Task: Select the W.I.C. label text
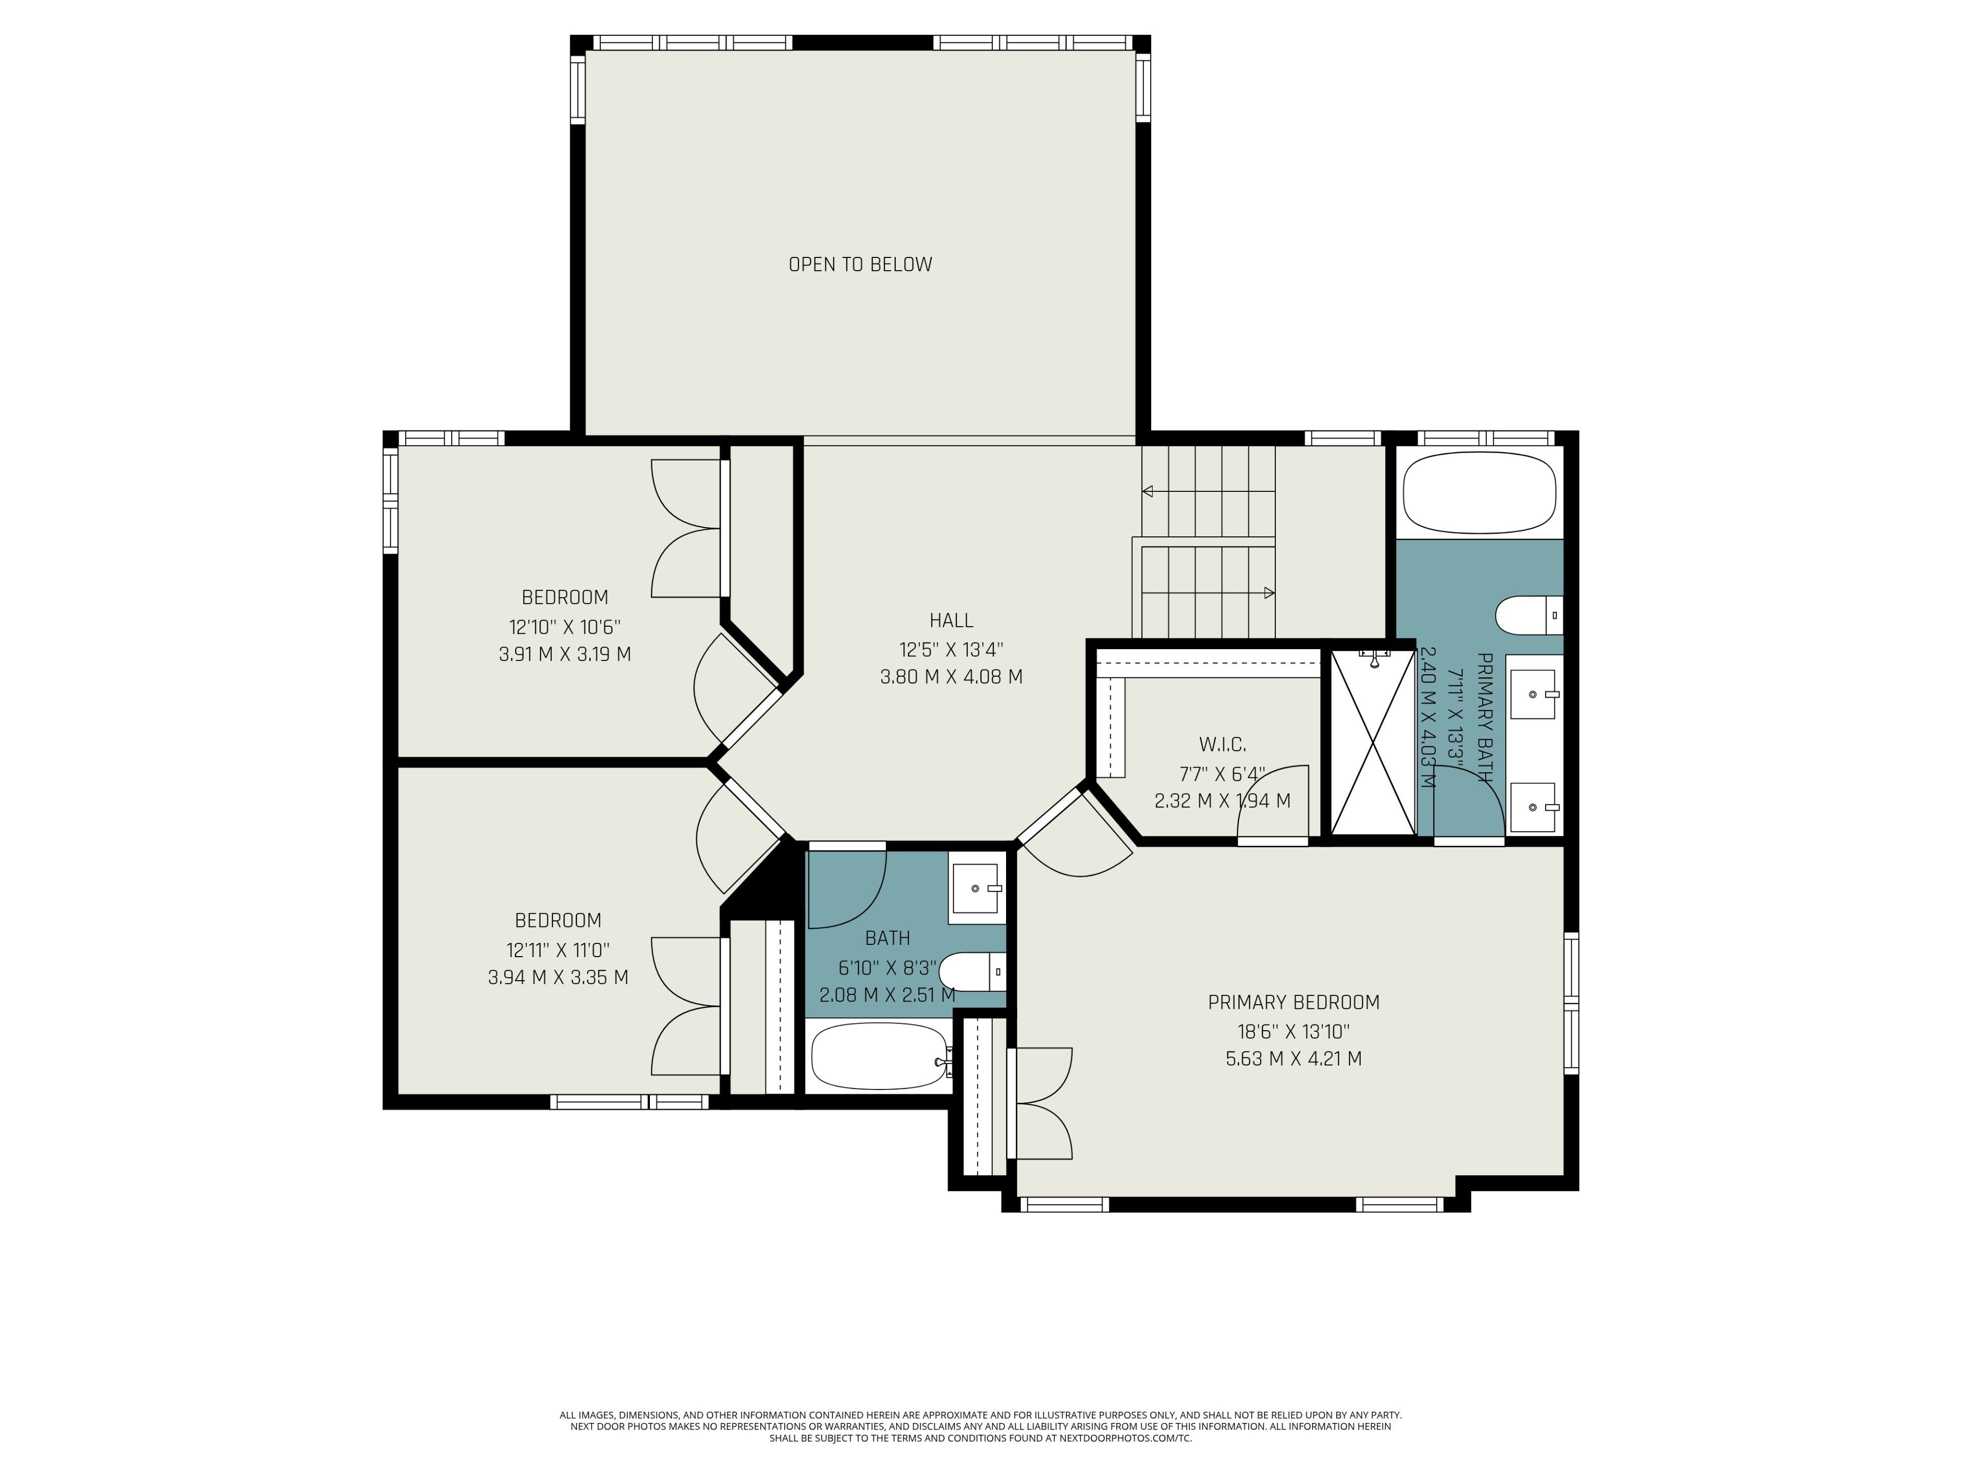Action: (1222, 745)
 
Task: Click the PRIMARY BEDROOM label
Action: (1293, 1002)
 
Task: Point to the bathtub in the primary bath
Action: (1480, 493)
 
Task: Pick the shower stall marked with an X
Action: (1373, 742)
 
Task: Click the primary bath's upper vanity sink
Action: (1534, 694)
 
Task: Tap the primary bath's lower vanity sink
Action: (1534, 807)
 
